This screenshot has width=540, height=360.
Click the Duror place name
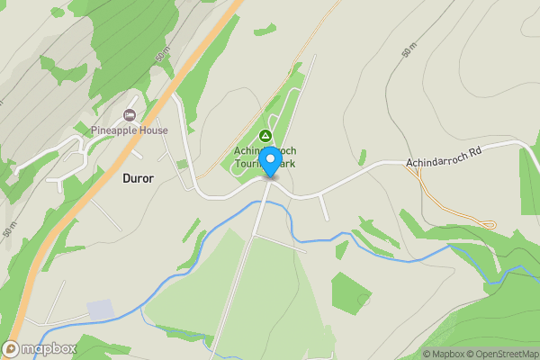138,178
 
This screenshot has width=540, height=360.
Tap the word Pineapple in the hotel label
114,130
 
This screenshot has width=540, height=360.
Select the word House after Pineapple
153,130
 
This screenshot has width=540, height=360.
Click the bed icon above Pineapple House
130,115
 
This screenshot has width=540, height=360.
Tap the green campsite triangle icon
265,135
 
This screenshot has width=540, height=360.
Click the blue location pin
269,162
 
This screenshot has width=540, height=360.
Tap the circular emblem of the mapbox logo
12,349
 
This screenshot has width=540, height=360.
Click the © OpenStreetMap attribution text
500,354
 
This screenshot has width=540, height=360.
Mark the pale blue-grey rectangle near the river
101,309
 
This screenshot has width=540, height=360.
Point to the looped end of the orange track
490,223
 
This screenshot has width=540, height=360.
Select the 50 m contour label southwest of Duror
8,230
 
